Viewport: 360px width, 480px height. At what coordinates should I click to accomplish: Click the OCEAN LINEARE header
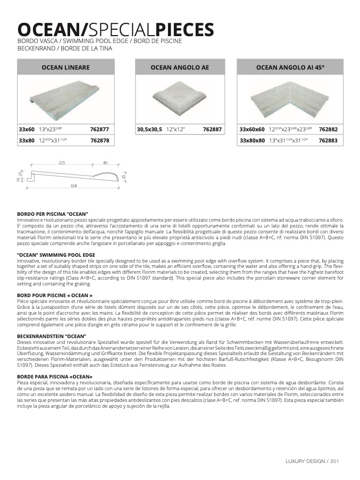(x=65, y=68)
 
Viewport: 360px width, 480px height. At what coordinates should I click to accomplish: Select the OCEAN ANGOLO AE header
(x=179, y=68)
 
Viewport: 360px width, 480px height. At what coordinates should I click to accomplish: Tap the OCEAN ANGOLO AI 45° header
(x=290, y=68)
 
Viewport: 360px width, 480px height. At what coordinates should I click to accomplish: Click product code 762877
(x=99, y=129)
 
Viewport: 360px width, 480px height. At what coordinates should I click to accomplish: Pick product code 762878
(x=99, y=140)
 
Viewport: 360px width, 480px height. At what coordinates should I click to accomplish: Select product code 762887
(x=212, y=129)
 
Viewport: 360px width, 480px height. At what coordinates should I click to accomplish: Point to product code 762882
(x=328, y=129)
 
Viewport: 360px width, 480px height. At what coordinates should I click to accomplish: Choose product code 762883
(x=328, y=140)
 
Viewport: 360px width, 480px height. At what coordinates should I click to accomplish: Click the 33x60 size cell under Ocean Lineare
(x=26, y=129)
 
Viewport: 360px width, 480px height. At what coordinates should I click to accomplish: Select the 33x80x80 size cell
(x=252, y=140)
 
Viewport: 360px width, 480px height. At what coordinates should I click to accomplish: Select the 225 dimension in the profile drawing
(x=62, y=163)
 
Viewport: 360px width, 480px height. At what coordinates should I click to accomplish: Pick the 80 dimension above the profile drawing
(x=105, y=163)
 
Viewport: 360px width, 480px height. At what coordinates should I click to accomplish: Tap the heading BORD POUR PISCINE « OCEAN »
(x=55, y=295)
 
